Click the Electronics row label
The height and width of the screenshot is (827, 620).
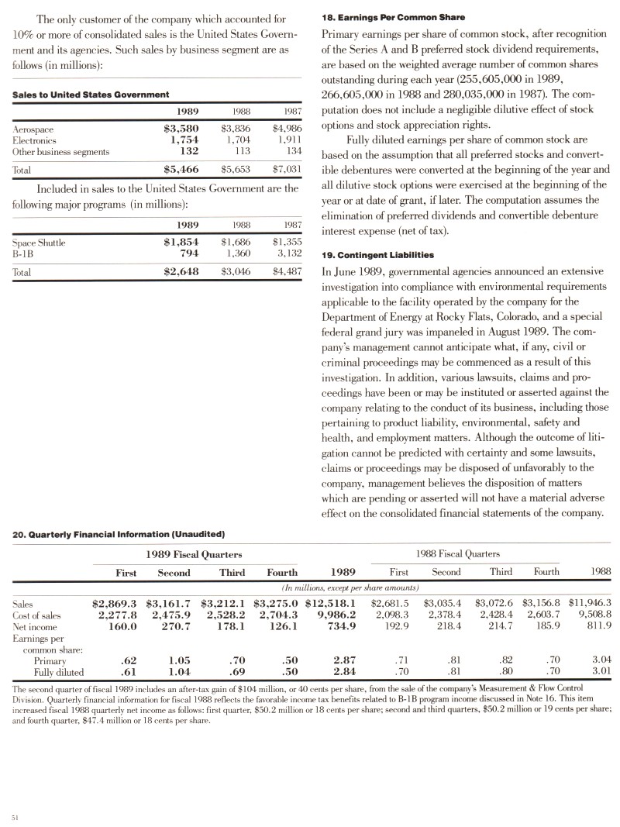click(35, 140)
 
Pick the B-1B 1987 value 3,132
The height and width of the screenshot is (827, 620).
click(286, 253)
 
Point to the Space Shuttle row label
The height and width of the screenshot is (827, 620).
click(40, 242)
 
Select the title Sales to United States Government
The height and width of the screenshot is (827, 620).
click(91, 95)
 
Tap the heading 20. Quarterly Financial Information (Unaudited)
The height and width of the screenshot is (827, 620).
click(119, 534)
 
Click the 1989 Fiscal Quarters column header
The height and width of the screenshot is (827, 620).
click(194, 554)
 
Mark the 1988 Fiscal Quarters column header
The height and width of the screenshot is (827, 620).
click(457, 554)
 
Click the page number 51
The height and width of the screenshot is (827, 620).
click(15, 817)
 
